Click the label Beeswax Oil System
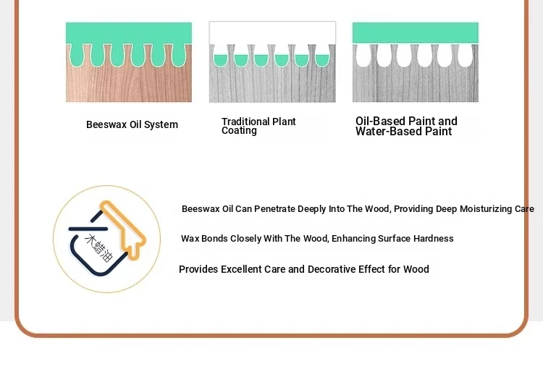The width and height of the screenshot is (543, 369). [x=132, y=124]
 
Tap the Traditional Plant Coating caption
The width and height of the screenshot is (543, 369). [x=258, y=126]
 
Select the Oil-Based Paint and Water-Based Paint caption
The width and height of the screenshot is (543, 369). [x=406, y=127]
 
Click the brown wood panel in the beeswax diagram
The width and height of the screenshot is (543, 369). [x=129, y=83]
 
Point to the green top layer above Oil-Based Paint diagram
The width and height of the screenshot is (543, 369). [x=416, y=33]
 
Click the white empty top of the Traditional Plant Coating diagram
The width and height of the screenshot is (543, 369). [x=272, y=33]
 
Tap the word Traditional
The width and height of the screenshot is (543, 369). [x=245, y=122]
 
